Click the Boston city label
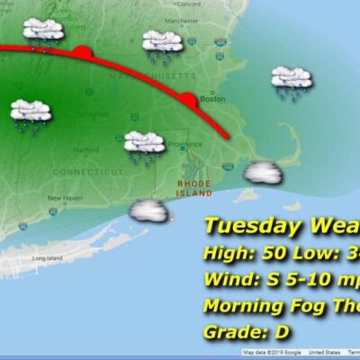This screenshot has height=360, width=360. coord(212,99)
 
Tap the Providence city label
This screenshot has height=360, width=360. coord(180,144)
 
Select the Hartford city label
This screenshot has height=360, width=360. coord(85,149)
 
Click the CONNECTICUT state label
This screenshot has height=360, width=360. coord(87,171)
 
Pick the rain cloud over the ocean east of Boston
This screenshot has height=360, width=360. coord(292,82)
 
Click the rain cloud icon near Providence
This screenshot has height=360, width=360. coord(144,145)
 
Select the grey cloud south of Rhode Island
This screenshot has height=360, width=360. coord(149,212)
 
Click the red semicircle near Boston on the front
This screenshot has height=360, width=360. coord(187,99)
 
